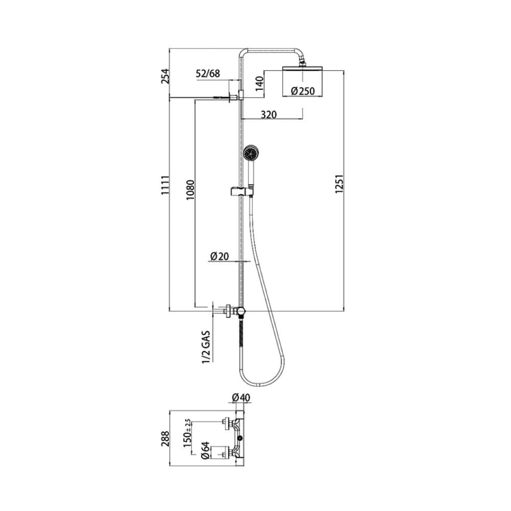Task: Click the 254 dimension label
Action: coord(166,76)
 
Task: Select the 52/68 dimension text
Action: coord(207,74)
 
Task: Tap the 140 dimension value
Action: coord(259,84)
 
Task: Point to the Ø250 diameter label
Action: coord(303,91)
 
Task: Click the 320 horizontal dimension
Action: coord(269,114)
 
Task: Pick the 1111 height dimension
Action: coord(166,185)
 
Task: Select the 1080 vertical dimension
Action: coord(190,190)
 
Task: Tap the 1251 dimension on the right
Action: coord(339,184)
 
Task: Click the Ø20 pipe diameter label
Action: coord(220,257)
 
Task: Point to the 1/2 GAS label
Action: coord(206,347)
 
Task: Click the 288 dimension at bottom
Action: coord(166,438)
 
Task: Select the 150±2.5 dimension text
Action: coord(187,433)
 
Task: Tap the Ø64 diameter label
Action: coord(205,451)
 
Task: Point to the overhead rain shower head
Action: coord(303,68)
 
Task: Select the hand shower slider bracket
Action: coord(242,191)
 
